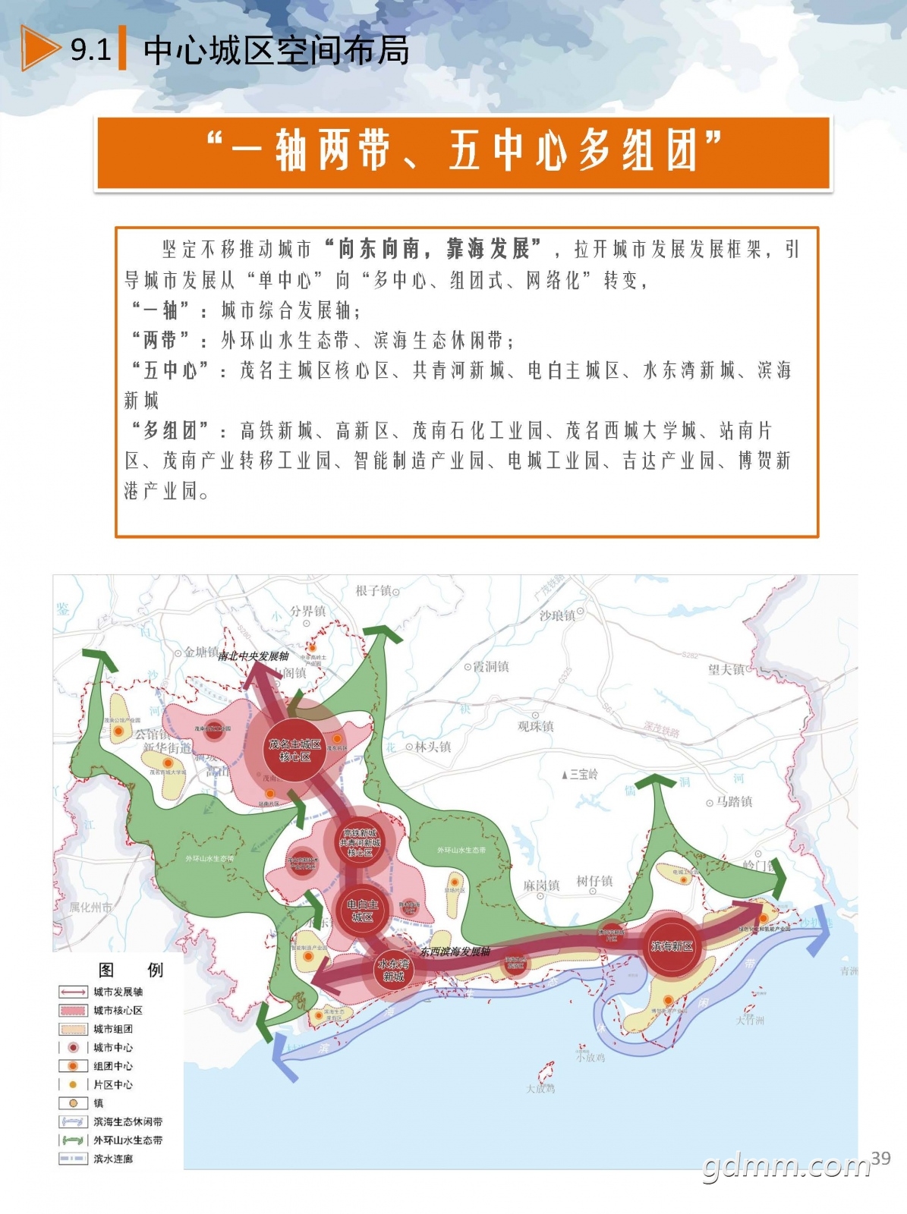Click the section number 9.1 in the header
(x=90, y=50)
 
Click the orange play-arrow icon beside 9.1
(x=39, y=49)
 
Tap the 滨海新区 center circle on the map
(x=672, y=946)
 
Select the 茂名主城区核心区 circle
(x=294, y=750)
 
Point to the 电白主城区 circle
(x=362, y=910)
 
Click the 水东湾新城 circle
(x=393, y=970)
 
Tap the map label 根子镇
(x=374, y=590)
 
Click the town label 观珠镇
(x=535, y=725)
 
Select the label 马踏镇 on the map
(x=733, y=801)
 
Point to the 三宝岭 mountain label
(x=582, y=774)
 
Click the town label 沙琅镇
(x=558, y=615)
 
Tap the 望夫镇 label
(x=726, y=669)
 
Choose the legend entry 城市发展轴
(x=118, y=992)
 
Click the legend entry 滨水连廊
(x=113, y=1159)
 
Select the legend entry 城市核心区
(x=118, y=1011)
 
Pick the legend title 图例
(x=131, y=970)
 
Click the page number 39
(x=880, y=1158)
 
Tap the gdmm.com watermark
(x=786, y=1166)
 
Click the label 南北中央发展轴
(x=254, y=656)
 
